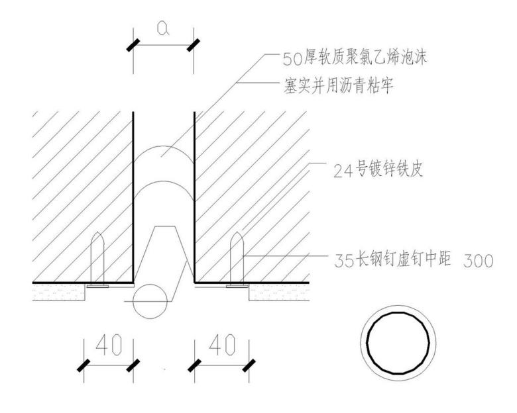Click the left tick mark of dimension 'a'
[x=133, y=46]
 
